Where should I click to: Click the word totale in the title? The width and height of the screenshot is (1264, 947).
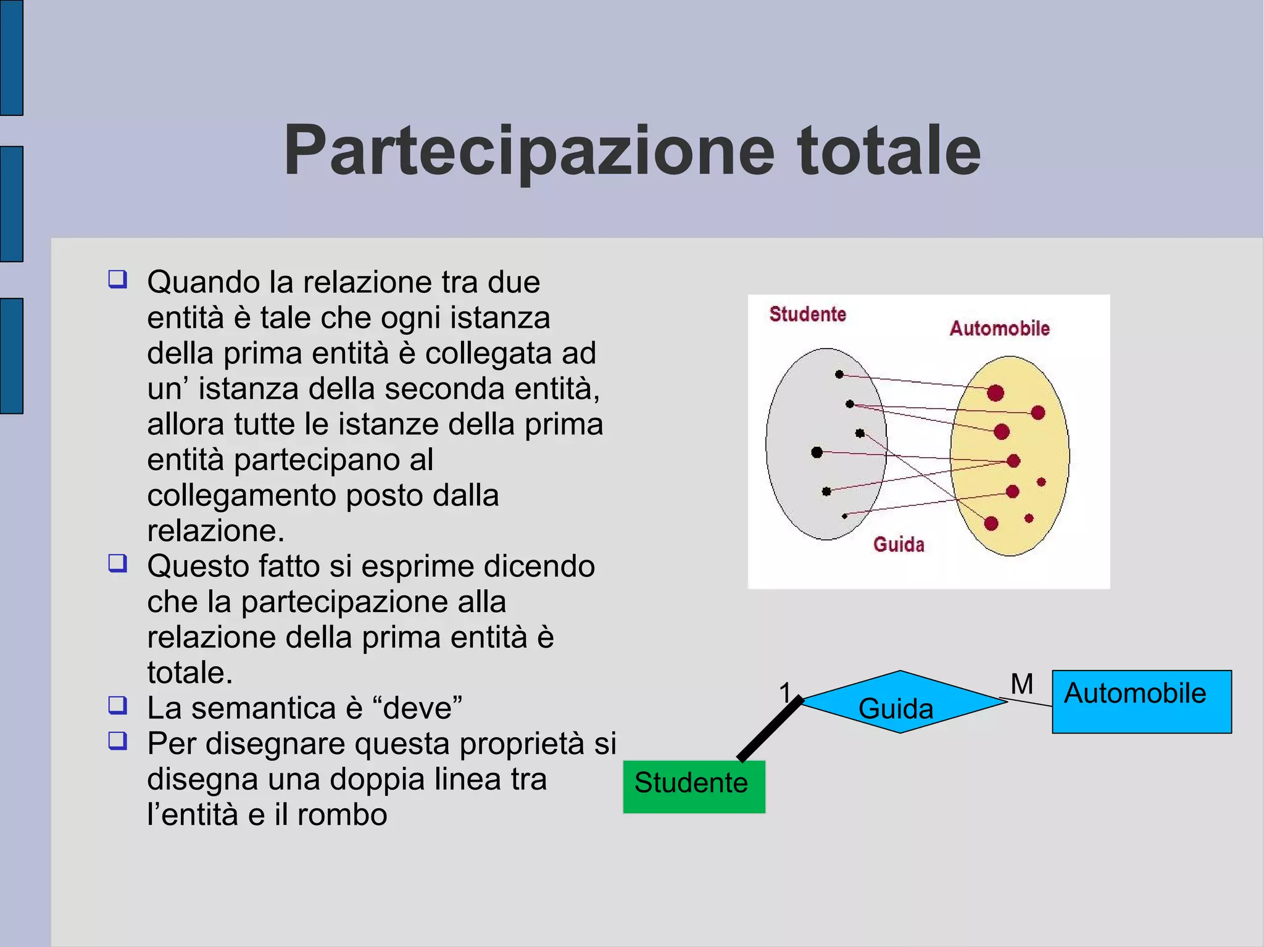(x=889, y=152)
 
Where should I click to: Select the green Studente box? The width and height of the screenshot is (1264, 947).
(x=694, y=787)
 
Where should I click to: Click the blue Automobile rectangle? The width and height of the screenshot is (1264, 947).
(x=1141, y=702)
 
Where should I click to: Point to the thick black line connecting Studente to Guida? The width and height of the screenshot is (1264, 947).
(x=770, y=729)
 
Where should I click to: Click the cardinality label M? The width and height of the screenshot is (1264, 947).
(x=1022, y=684)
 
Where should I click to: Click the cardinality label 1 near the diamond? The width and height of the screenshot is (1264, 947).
(x=784, y=693)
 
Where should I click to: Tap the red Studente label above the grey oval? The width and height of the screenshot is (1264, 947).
(x=807, y=315)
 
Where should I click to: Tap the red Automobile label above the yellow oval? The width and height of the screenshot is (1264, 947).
(x=999, y=328)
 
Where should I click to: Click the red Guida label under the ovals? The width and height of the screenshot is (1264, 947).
(x=899, y=545)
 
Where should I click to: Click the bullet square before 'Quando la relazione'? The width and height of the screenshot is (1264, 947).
(x=117, y=279)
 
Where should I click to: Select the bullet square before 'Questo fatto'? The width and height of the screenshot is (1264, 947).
(x=117, y=563)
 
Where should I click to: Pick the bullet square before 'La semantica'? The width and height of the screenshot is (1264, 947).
(x=117, y=705)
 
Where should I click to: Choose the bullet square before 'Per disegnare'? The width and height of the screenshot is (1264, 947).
(x=117, y=740)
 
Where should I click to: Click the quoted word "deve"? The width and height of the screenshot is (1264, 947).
(x=423, y=708)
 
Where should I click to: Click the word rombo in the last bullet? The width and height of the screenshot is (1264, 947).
(x=342, y=815)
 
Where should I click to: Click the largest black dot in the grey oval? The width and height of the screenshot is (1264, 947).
(x=817, y=452)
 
